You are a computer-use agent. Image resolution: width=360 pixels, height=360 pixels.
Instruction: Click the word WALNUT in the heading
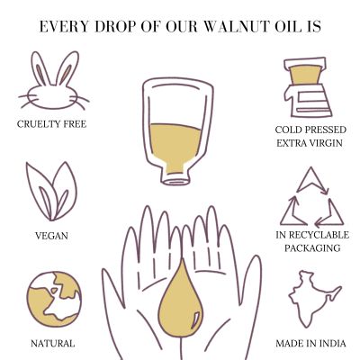pyautogui.click(x=231, y=27)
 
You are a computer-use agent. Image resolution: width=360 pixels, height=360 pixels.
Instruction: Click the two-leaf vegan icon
pyautogui.click(x=52, y=191)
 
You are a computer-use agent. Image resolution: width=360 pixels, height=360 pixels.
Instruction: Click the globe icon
pyautogui.click(x=53, y=298)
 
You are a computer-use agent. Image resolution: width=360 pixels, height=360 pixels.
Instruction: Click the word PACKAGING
pyautogui.click(x=310, y=248)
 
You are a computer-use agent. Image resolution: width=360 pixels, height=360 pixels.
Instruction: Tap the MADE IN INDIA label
pyautogui.click(x=309, y=343)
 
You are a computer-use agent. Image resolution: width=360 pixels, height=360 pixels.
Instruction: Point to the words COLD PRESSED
pyautogui.click(x=309, y=130)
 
